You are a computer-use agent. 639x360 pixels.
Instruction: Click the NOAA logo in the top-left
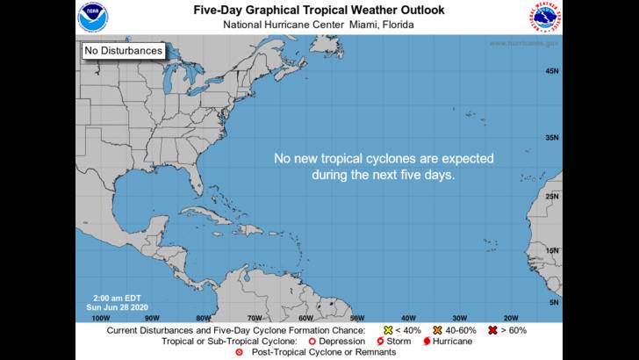(91, 16)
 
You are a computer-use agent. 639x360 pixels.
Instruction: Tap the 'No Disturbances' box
(124, 51)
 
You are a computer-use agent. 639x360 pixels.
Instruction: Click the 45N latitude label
(552, 71)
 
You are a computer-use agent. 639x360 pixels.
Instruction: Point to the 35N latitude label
(552, 138)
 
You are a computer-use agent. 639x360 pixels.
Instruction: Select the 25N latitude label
(552, 196)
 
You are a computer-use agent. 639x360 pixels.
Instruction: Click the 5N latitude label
(554, 303)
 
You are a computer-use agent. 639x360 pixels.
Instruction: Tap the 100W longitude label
(101, 318)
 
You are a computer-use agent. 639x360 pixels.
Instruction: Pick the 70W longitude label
(255, 318)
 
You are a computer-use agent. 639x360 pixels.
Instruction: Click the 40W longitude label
(408, 318)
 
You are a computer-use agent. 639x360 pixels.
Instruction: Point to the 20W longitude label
(510, 318)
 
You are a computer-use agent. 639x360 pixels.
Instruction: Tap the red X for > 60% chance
(494, 331)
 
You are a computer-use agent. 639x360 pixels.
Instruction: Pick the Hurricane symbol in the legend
(427, 342)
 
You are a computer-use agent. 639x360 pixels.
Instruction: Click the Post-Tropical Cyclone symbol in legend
(240, 352)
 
